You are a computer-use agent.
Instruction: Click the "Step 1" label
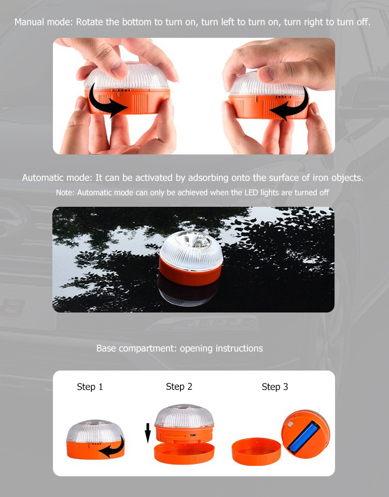[90, 387]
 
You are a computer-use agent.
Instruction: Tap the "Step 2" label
[179, 387]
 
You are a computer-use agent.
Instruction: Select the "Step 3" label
[275, 387]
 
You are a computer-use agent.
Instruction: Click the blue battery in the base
[303, 437]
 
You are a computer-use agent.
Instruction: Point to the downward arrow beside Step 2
[147, 433]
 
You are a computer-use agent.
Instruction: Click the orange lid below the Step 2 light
[184, 453]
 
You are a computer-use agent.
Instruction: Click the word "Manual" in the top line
[29, 22]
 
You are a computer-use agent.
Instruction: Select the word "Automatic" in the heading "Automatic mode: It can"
[41, 177]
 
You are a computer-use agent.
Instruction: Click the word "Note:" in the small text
[65, 192]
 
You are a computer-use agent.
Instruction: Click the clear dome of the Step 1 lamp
[94, 431]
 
